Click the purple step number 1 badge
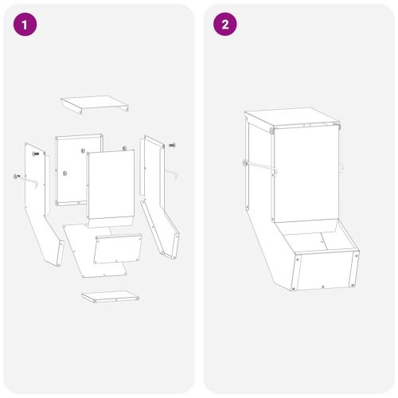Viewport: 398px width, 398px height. point(26,25)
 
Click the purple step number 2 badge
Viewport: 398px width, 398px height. point(225,25)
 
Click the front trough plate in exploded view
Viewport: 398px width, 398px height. point(118,250)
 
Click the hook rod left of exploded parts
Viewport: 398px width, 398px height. point(28,179)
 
